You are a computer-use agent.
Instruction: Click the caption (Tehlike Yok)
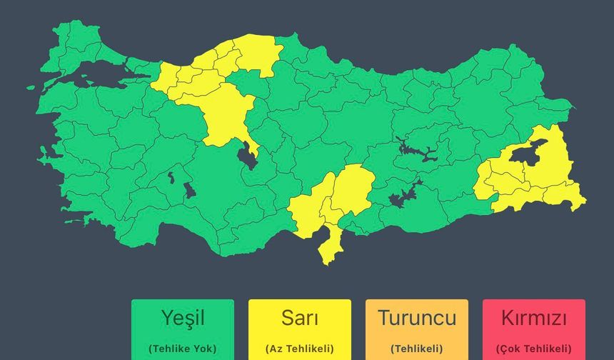pos(182,349)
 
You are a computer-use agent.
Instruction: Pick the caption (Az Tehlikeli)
pos(300,349)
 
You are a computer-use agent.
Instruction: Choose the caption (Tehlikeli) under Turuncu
pos(416,349)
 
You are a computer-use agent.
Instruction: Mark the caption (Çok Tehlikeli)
pos(534,349)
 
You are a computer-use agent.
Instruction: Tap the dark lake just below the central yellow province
pos(248,155)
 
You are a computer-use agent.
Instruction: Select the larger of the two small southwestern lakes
pos(189,190)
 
